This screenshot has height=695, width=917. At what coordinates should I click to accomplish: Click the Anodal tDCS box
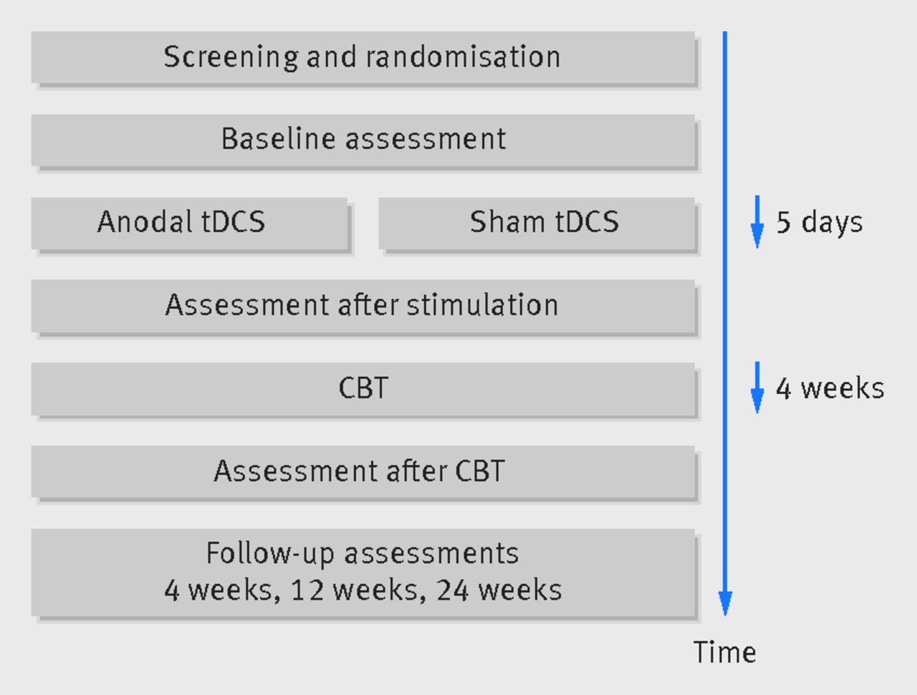pos(189,224)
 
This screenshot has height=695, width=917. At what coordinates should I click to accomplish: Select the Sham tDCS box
pos(537,224)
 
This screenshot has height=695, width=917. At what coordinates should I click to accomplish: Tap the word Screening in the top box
pos(231,57)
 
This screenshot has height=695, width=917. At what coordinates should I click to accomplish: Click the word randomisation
pos(464,57)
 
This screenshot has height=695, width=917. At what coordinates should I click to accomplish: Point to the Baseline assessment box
pos(363,140)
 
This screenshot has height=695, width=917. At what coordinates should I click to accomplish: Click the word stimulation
pos(483,305)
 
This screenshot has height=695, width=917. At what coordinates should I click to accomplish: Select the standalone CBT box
pos(363,389)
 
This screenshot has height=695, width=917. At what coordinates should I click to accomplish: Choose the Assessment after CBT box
pos(363,472)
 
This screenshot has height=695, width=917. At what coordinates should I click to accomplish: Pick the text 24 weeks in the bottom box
pos(499,590)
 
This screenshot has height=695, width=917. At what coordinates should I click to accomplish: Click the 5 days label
pos(820,223)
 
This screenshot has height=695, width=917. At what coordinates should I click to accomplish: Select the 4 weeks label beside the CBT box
pos(830,388)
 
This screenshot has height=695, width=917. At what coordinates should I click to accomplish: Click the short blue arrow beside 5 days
pos(757,221)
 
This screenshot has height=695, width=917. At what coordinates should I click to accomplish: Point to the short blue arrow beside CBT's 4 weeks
pos(757,387)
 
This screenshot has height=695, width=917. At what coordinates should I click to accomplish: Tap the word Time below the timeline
pos(725,652)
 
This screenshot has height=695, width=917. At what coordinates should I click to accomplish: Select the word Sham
pos(508,221)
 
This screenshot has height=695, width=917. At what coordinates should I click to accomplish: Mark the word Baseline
pos(278,139)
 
